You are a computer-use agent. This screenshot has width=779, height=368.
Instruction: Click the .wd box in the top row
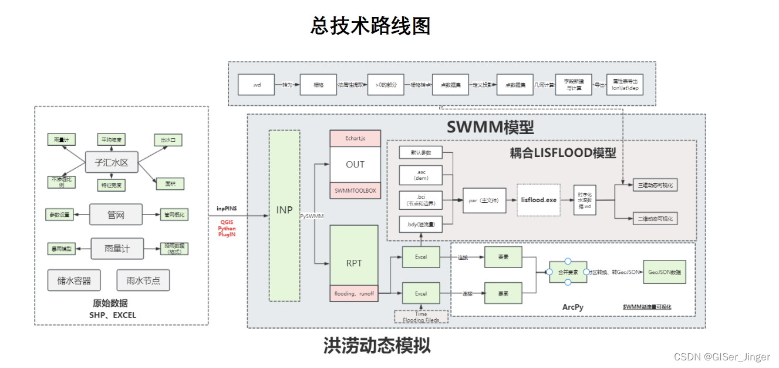257,85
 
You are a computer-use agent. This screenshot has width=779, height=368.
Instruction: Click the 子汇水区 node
112,162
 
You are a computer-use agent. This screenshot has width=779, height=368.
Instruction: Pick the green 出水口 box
168,140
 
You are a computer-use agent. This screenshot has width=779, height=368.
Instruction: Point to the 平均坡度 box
112,139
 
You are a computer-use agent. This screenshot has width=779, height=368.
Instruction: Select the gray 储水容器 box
74,280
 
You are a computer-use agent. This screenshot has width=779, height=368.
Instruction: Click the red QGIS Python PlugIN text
228,228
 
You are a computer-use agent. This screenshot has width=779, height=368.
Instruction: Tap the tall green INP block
284,215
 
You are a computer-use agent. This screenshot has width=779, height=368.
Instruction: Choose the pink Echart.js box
355,138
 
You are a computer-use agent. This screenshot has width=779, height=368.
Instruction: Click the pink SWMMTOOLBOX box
355,190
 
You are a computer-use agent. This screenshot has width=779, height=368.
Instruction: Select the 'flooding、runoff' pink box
355,293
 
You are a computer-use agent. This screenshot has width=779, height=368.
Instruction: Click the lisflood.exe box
538,200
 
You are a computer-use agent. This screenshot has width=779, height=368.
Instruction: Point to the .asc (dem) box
421,174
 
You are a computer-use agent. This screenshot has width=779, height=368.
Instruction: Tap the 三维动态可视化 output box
655,185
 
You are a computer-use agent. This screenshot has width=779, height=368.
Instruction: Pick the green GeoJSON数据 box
664,272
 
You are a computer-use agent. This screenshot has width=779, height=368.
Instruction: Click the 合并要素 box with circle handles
568,272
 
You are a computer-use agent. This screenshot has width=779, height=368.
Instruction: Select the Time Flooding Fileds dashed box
421,317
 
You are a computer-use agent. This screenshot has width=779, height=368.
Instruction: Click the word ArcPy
572,307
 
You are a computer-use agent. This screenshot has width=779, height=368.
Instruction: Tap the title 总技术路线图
370,26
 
